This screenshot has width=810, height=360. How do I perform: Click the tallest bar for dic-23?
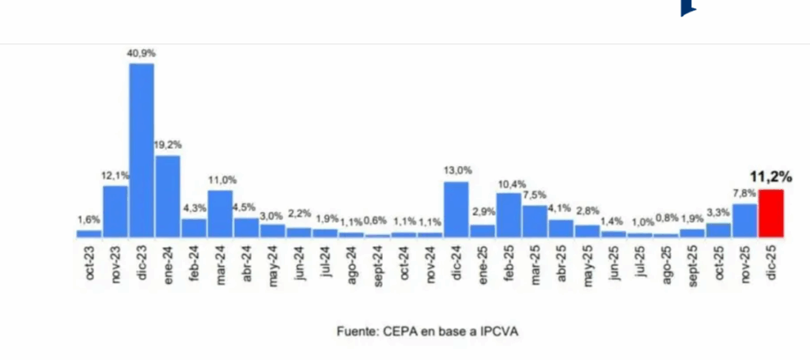point(142,150)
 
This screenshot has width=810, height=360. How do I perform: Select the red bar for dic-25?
point(770,213)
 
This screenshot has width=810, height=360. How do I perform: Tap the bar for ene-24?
point(168,195)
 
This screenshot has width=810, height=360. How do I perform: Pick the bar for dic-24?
point(456,209)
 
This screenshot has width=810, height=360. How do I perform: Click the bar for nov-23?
point(115,210)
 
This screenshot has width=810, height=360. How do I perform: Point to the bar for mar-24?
point(220,213)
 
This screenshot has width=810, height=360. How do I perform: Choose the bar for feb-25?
point(509,214)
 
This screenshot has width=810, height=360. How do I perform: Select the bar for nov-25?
point(744,220)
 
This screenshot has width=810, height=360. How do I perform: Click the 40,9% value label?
point(142,53)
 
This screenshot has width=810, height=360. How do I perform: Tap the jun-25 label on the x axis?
point(614,262)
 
